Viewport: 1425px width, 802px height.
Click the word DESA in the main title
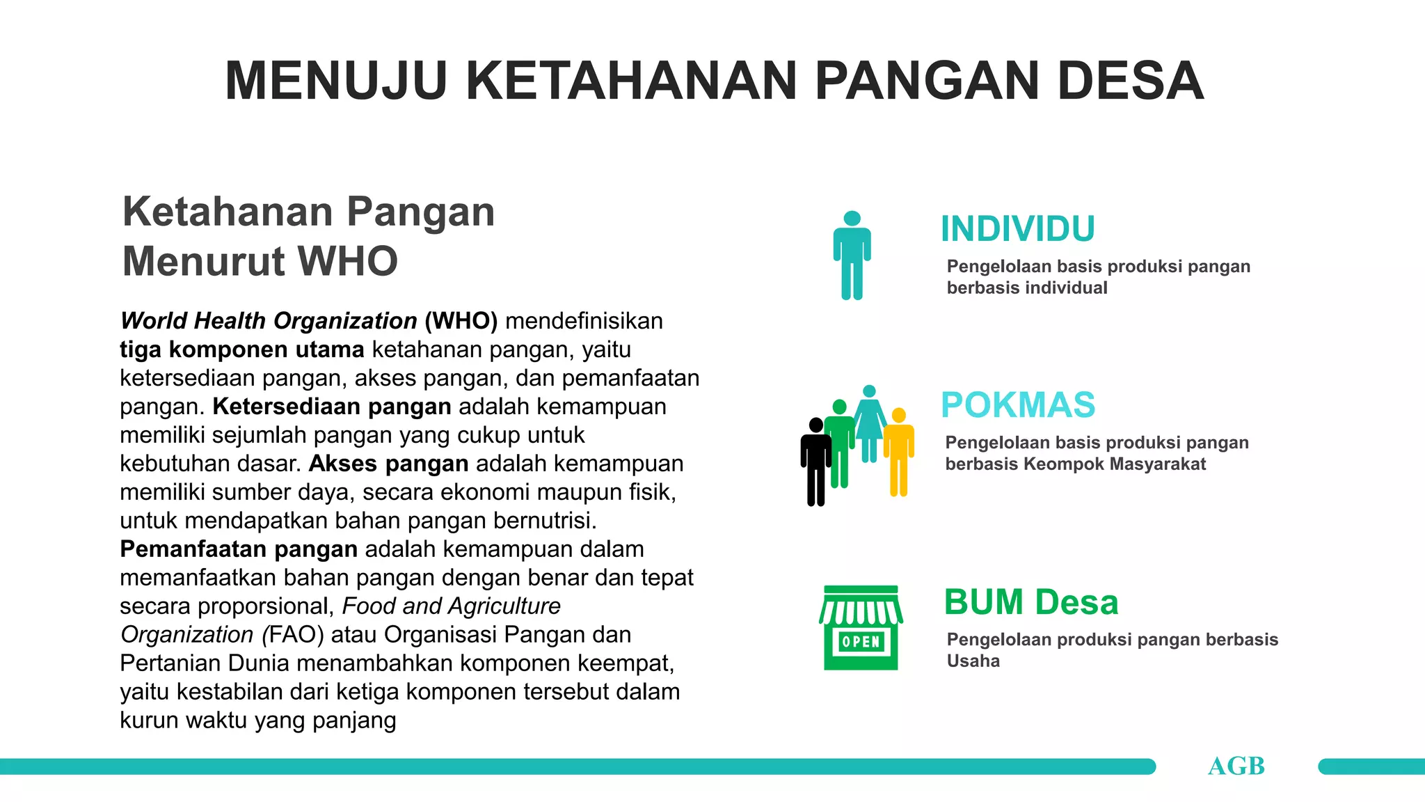1130,81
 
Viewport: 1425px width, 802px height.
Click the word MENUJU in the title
336,81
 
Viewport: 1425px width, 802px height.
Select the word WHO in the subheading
347,261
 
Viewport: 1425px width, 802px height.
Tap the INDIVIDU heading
1017,229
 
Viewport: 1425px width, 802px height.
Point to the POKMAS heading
1017,405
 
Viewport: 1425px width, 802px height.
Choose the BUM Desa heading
1030,602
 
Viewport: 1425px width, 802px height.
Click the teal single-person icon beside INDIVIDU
852,255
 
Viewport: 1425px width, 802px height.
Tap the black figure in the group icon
815,463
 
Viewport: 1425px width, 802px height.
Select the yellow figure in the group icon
899,453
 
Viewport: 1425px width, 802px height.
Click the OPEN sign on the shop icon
861,642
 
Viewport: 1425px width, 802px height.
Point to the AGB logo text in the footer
1236,766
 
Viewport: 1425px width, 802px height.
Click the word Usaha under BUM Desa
973,661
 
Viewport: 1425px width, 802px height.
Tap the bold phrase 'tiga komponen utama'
241,349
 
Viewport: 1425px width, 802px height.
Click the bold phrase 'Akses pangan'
388,464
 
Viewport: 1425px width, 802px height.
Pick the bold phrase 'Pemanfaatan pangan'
239,549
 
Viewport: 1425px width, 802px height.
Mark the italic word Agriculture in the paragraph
506,606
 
